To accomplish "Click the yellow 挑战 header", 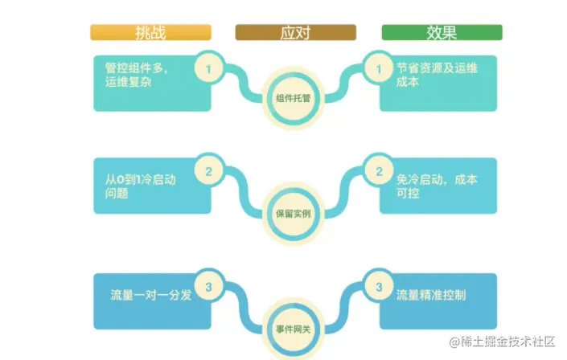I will pos(151,33).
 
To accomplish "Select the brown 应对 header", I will pos(295,33).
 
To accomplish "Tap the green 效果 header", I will pos(442,33).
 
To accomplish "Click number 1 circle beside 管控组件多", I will pos(209,69).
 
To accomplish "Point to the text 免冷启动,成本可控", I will pos(437,186).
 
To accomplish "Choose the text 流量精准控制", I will pos(431,296).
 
